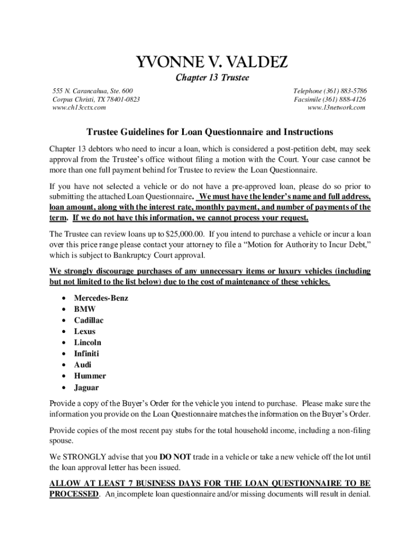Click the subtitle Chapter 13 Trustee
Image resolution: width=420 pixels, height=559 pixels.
pos(212,78)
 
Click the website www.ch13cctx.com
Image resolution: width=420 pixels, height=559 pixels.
pos(79,108)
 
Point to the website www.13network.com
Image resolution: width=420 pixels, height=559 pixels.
pos(337,108)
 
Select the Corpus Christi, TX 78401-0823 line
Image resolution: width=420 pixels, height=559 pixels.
pos(96,99)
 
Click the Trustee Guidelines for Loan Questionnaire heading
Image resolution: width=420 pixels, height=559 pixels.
pos(210,132)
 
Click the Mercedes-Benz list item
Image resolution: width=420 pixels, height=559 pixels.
pos(101,298)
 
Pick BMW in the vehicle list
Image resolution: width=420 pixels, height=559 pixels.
pos(85,309)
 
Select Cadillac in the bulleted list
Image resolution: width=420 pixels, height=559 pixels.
pos(89,320)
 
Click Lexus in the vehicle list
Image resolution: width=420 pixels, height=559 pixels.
pos(85,331)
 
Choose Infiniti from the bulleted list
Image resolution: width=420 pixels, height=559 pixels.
pos(87,354)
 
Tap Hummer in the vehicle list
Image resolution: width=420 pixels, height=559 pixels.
pos(90,376)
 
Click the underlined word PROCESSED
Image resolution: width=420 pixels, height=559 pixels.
pos(74,494)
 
